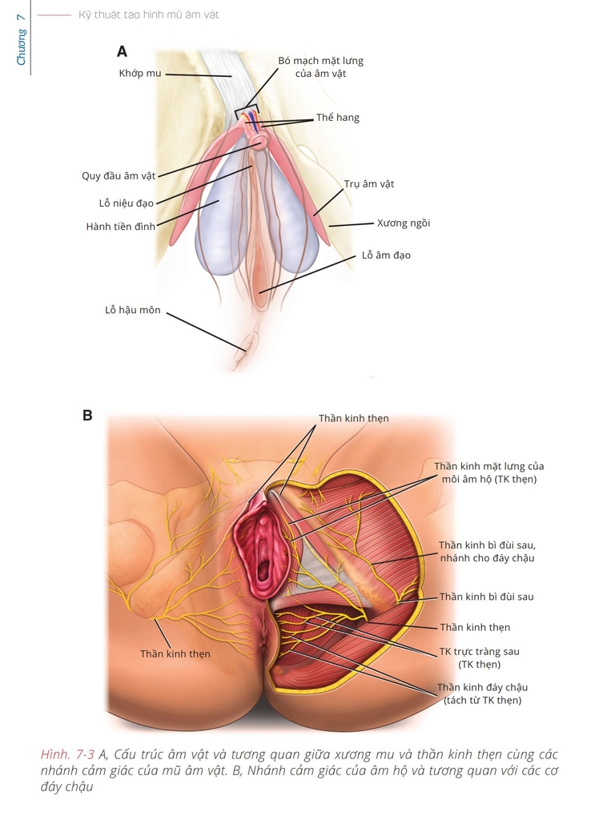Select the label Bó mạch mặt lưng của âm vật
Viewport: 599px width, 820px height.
(320, 67)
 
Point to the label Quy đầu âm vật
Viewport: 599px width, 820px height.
(119, 175)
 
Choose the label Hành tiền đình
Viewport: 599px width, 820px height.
(121, 227)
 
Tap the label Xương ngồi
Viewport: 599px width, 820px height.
(404, 223)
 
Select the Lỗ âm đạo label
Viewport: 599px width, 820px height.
(385, 255)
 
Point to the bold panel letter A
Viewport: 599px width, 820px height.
(122, 52)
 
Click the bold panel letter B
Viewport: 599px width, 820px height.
(87, 416)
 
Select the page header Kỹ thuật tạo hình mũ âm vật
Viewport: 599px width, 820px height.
(149, 14)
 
